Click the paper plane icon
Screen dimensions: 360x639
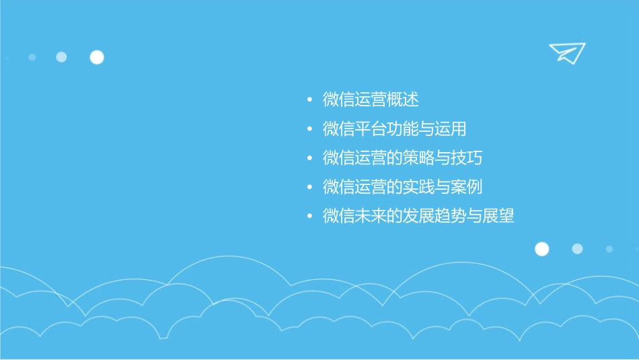566,52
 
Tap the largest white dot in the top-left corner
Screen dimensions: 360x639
97,57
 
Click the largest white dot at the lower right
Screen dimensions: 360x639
541,249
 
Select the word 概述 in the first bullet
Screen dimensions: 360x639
403,100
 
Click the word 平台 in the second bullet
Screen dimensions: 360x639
371,129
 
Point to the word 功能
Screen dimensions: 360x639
403,129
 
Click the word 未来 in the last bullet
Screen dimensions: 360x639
371,216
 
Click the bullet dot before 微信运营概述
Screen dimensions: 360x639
309,101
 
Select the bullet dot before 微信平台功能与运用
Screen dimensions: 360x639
309,130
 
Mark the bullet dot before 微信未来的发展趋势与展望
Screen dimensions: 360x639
309,217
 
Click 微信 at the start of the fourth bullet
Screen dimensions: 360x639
339,187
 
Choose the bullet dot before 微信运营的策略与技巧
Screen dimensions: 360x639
309,159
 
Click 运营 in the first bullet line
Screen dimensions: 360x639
371,100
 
